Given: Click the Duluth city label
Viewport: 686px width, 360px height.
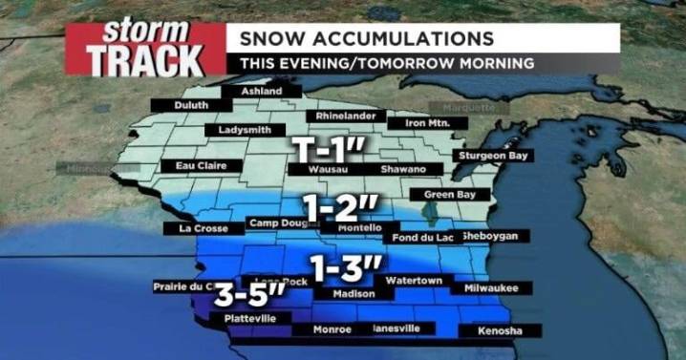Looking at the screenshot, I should click(x=191, y=105).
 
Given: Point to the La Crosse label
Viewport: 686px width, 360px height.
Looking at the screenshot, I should click(x=200, y=228).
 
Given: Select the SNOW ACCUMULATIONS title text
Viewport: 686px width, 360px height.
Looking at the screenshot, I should click(x=367, y=38).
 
